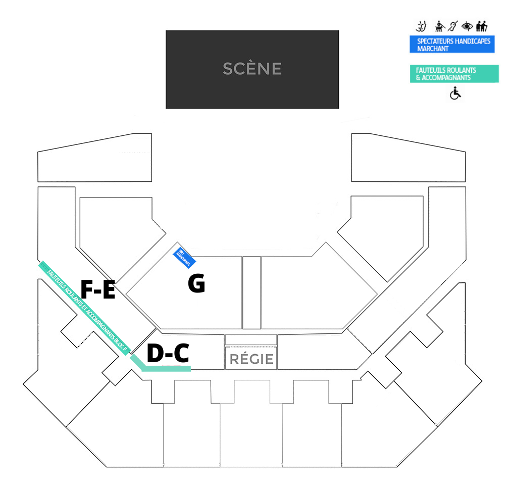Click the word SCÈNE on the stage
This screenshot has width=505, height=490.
252,69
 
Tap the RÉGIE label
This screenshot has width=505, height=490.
251,359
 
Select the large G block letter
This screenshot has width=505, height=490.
196,284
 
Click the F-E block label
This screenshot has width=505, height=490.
98,290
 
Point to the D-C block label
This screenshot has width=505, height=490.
168,354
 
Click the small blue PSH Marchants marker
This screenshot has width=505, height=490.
184,257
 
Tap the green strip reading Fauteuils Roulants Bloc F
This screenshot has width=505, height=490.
86,308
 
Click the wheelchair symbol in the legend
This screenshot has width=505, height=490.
456,93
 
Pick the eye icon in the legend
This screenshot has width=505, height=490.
467,26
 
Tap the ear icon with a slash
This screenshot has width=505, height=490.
453,26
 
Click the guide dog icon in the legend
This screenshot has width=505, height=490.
439,26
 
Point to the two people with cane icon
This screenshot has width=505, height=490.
481,26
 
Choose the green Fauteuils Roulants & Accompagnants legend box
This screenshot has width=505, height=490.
454,74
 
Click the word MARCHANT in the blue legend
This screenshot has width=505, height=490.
433,49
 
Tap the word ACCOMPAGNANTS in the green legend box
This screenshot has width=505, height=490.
446,78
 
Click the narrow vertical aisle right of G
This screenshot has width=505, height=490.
251,292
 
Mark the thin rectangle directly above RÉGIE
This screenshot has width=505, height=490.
251,339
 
